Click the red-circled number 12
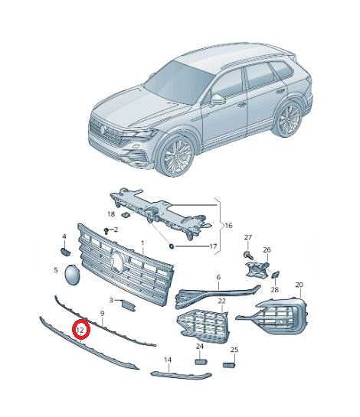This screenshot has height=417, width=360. coord(80,330)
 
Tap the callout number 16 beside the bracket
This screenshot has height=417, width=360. coord(228,226)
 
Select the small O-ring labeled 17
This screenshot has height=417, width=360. coord(172,246)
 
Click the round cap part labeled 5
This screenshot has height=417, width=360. coord(72,275)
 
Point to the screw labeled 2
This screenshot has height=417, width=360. coord(107,230)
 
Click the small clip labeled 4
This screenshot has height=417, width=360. coord(65,251)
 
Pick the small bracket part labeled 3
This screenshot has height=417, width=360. coord(128,305)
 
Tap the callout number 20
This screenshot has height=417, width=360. coord(299,285)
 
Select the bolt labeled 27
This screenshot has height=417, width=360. coord(247,255)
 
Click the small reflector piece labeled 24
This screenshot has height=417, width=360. coord(201,361)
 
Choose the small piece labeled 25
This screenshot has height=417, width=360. coord(229,365)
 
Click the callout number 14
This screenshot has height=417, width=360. coord(168,360)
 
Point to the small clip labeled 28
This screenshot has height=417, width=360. coord(276,274)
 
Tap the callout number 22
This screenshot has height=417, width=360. coord(221,301)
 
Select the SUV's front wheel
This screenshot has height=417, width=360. coord(176,155)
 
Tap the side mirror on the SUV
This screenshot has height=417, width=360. coord(217,99)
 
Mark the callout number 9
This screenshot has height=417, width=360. coord(103,314)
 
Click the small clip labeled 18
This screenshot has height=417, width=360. coord(125,214)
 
